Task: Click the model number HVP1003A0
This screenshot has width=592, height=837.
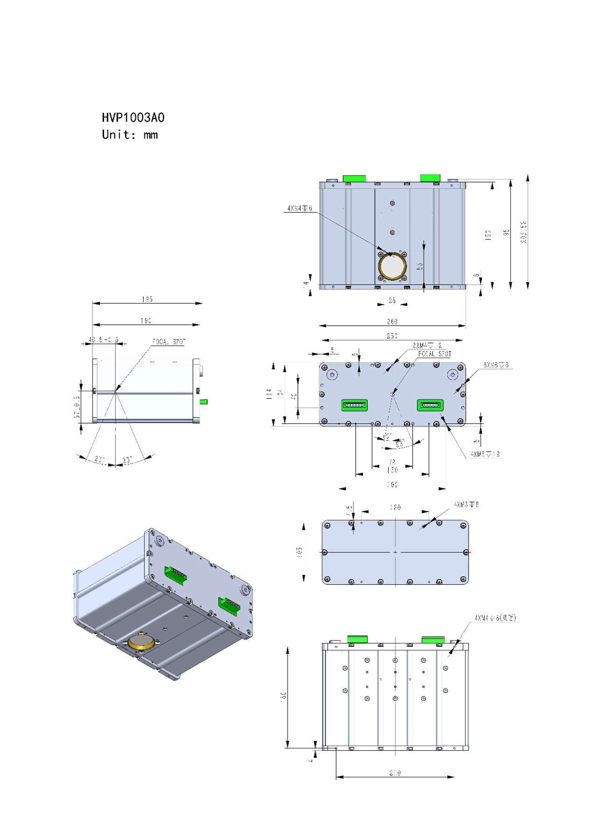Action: click(133, 118)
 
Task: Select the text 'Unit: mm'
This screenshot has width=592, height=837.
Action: click(130, 135)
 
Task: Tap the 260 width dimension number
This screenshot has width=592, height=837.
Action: click(392, 321)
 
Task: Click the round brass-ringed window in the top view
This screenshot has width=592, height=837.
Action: click(392, 266)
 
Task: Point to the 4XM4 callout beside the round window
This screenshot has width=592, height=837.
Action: click(300, 208)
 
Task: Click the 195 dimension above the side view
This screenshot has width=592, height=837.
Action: click(147, 299)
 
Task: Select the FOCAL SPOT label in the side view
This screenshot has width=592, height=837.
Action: click(169, 342)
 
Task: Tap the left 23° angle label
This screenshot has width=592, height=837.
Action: click(99, 459)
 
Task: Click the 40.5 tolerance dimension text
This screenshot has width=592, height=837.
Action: click(104, 340)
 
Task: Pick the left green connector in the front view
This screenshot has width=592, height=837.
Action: click(354, 405)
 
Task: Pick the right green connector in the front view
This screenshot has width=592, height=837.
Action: click(430, 405)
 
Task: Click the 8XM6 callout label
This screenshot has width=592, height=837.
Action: click(496, 365)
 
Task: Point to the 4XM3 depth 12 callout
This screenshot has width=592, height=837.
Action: click(485, 454)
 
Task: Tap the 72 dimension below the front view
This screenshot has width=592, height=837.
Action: click(392, 462)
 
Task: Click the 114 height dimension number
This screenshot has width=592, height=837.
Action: click(269, 394)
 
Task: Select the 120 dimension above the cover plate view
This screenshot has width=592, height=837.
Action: click(395, 507)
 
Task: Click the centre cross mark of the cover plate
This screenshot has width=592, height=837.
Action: click(395, 552)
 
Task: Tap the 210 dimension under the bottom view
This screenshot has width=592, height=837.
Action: click(395, 773)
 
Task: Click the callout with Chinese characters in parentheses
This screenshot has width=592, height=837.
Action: click(495, 618)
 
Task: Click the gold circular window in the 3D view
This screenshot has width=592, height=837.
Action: click(141, 642)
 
